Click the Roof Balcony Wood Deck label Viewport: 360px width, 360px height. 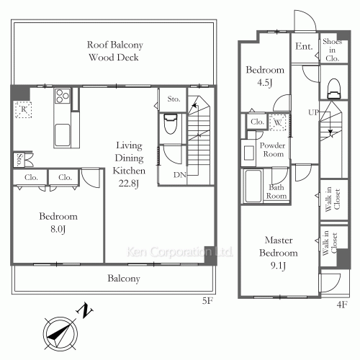pos(114,51)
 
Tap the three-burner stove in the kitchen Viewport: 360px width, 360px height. pos(63,96)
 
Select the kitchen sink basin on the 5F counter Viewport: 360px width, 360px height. pos(63,135)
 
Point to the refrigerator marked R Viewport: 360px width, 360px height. pos(23,109)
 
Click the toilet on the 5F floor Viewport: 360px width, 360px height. pos(171,124)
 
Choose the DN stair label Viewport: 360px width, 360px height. pos(180,175)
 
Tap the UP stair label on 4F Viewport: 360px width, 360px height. pos(313,112)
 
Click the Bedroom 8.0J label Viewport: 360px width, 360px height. pos(58,222)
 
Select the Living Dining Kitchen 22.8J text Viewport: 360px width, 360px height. pos(129,164)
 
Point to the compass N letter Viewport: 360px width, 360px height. pos(84,311)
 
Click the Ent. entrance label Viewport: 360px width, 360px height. pos(304,46)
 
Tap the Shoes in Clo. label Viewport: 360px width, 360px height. pos(332,50)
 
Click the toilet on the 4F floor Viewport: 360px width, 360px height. pos(334,89)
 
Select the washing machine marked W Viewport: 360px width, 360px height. pos(278,122)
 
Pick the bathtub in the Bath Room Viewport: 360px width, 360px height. pos(253,186)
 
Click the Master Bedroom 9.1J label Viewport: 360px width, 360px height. pos(279,253)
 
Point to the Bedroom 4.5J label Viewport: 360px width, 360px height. pos(265,76)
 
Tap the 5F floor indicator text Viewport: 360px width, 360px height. pos(207,300)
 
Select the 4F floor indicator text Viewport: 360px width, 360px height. pos(342,305)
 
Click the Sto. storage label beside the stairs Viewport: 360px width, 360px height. pos(174,99)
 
